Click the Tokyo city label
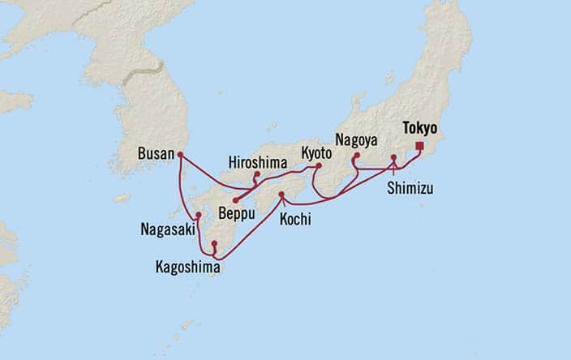point(419,128)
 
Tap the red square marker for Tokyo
point(419,146)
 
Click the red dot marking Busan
point(180,153)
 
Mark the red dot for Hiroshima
point(257,174)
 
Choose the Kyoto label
point(316,152)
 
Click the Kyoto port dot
point(317,166)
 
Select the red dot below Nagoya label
point(356,155)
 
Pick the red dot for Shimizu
point(393,158)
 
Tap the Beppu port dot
point(235,200)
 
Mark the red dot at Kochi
point(281,195)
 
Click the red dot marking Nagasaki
point(198,215)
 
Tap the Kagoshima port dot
point(214,244)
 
